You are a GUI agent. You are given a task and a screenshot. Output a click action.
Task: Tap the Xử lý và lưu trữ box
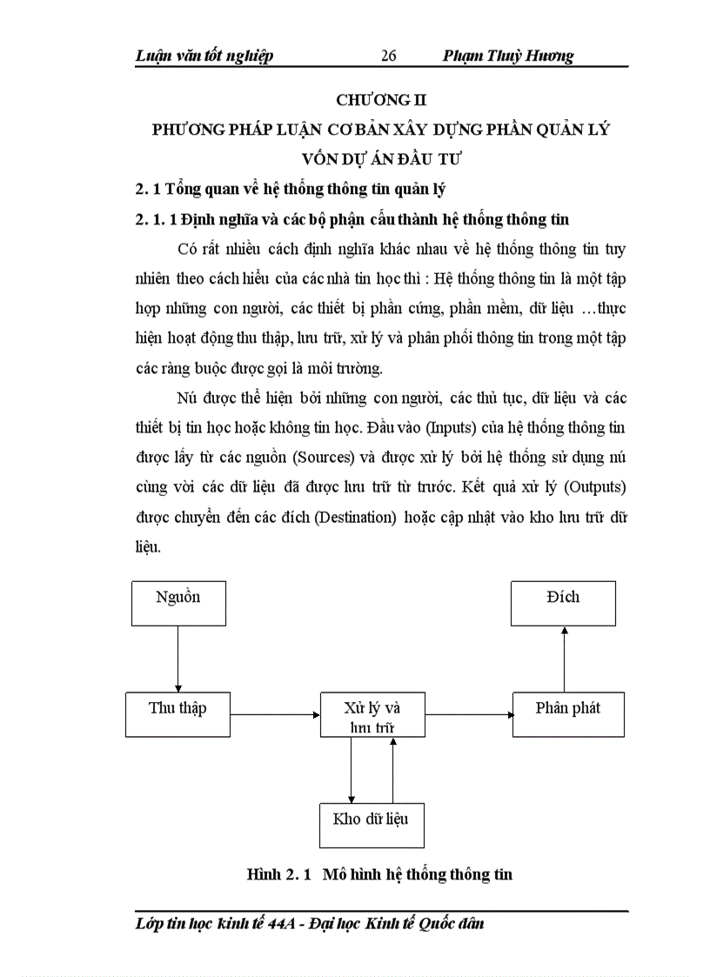tap(372, 715)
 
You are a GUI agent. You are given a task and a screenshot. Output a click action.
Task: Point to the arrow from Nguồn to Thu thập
tap(177, 659)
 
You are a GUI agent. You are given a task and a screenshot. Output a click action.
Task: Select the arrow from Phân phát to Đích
tap(564, 659)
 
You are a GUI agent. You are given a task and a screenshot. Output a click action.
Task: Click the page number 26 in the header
tap(389, 56)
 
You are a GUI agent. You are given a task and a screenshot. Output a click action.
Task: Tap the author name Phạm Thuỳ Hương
tap(508, 56)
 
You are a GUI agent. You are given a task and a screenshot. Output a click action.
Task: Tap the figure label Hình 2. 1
tap(279, 874)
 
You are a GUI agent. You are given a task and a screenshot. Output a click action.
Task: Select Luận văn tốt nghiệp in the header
tap(204, 56)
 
